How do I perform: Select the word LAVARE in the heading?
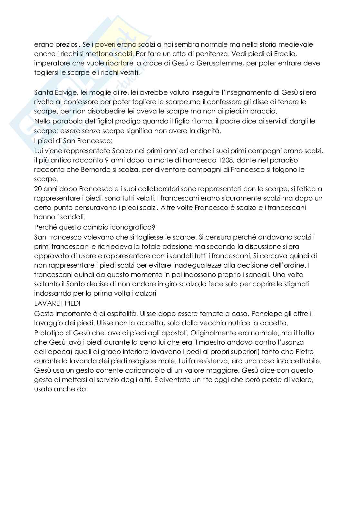pos(44,303)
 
